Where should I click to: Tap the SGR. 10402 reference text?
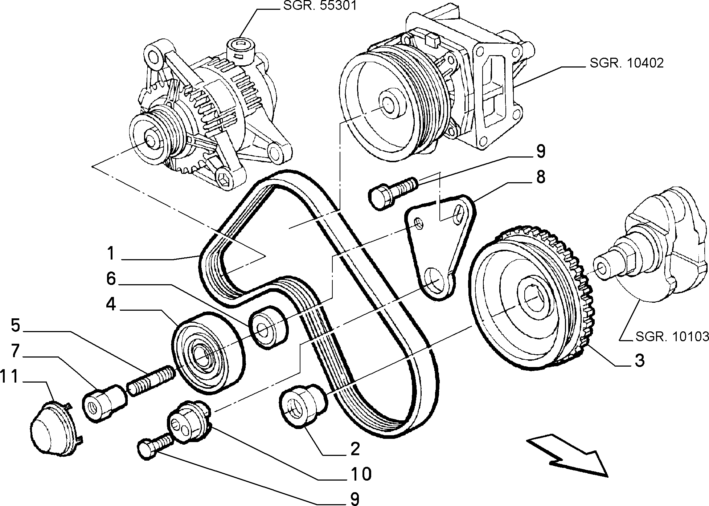[x=627, y=63]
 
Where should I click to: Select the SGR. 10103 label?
[x=672, y=337]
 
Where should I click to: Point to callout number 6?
[x=111, y=279]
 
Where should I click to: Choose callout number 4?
[x=111, y=304]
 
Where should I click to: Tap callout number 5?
[x=15, y=325]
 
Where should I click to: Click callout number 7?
[x=15, y=351]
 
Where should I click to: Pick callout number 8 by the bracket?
[x=540, y=177]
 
